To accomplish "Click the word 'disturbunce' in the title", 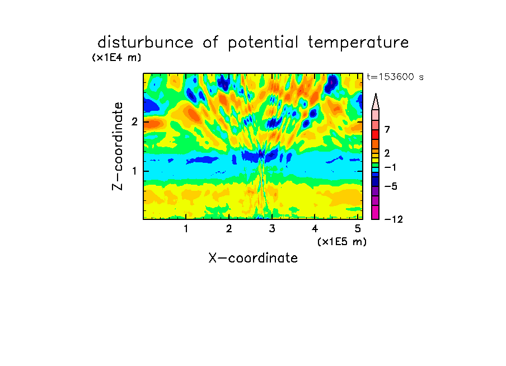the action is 145,43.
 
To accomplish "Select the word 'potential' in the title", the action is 263,43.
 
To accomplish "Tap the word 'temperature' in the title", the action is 358,43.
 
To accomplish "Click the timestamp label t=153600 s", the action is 395,77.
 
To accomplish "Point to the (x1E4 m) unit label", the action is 116,58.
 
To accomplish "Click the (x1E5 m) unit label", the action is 342,241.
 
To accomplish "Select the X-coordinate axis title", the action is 253,258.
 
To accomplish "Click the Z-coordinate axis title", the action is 118,146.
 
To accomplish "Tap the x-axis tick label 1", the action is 186,229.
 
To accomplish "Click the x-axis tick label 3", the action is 272,229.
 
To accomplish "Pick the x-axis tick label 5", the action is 358,229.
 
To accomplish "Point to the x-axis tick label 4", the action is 315,229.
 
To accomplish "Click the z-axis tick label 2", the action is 134,122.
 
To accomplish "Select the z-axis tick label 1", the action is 134,171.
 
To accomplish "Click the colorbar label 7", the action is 387,129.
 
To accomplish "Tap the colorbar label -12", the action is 393,219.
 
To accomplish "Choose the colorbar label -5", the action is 391,186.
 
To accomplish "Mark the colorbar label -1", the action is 390,167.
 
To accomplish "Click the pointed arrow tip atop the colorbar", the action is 376,93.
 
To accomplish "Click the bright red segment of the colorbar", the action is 376,134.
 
